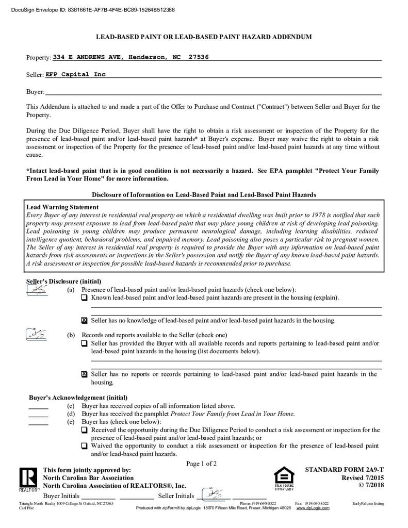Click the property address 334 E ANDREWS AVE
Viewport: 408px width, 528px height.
point(87,57)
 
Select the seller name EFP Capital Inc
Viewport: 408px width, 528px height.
point(75,75)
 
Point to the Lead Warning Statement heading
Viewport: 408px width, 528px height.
point(62,207)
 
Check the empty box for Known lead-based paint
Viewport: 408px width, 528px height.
point(85,298)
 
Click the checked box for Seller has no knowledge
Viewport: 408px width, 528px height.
point(85,321)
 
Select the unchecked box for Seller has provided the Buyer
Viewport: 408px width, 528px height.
point(85,343)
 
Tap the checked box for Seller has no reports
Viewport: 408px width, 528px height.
point(85,374)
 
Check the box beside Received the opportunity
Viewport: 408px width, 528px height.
point(85,430)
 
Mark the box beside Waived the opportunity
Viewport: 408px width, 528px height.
point(85,446)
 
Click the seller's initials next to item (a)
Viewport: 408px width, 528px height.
point(36,290)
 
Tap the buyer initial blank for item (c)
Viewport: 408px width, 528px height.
point(38,406)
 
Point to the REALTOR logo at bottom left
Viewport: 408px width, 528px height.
point(28,479)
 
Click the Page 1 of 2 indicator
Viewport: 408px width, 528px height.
point(201,464)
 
